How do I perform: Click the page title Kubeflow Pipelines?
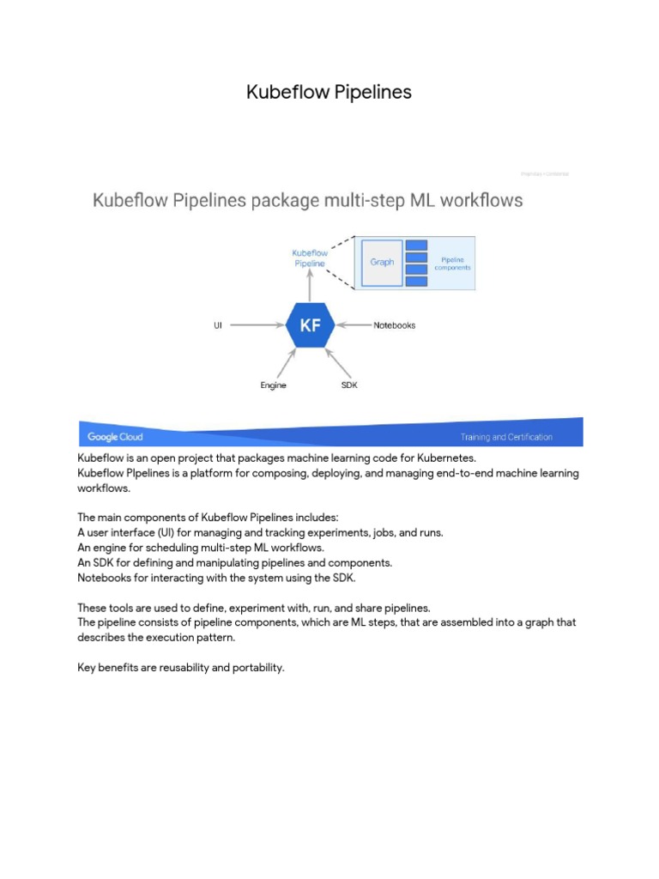pyautogui.click(x=329, y=92)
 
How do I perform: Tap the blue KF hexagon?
pyautogui.click(x=310, y=326)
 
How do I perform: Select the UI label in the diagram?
pyautogui.click(x=218, y=326)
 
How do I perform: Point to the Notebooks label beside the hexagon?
pyautogui.click(x=394, y=326)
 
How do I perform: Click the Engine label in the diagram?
pyautogui.click(x=274, y=385)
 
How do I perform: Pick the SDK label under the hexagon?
pyautogui.click(x=349, y=385)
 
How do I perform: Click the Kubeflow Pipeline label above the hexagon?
pyautogui.click(x=310, y=258)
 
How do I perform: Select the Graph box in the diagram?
pyautogui.click(x=382, y=262)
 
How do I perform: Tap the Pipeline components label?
pyautogui.click(x=456, y=263)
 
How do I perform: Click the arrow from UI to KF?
pyautogui.click(x=257, y=326)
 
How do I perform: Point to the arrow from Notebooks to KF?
pyautogui.click(x=354, y=326)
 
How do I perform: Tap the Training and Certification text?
pyautogui.click(x=506, y=437)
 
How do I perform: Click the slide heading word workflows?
pyautogui.click(x=484, y=202)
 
